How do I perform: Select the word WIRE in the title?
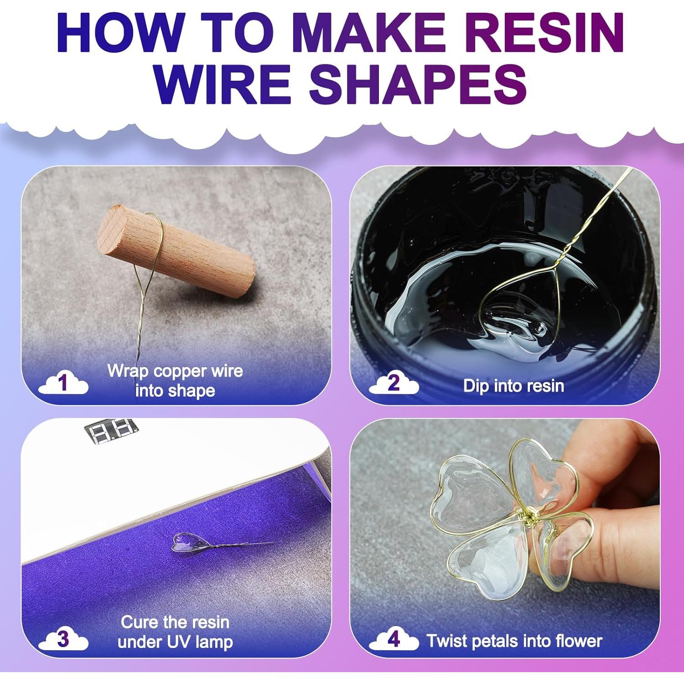click(223, 84)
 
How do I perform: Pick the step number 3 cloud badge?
click(63, 639)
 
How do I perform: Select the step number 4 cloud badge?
click(393, 639)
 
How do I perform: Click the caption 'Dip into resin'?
click(513, 386)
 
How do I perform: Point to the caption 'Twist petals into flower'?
click(514, 641)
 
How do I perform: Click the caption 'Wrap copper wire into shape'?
click(175, 381)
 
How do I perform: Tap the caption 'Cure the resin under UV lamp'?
click(175, 632)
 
